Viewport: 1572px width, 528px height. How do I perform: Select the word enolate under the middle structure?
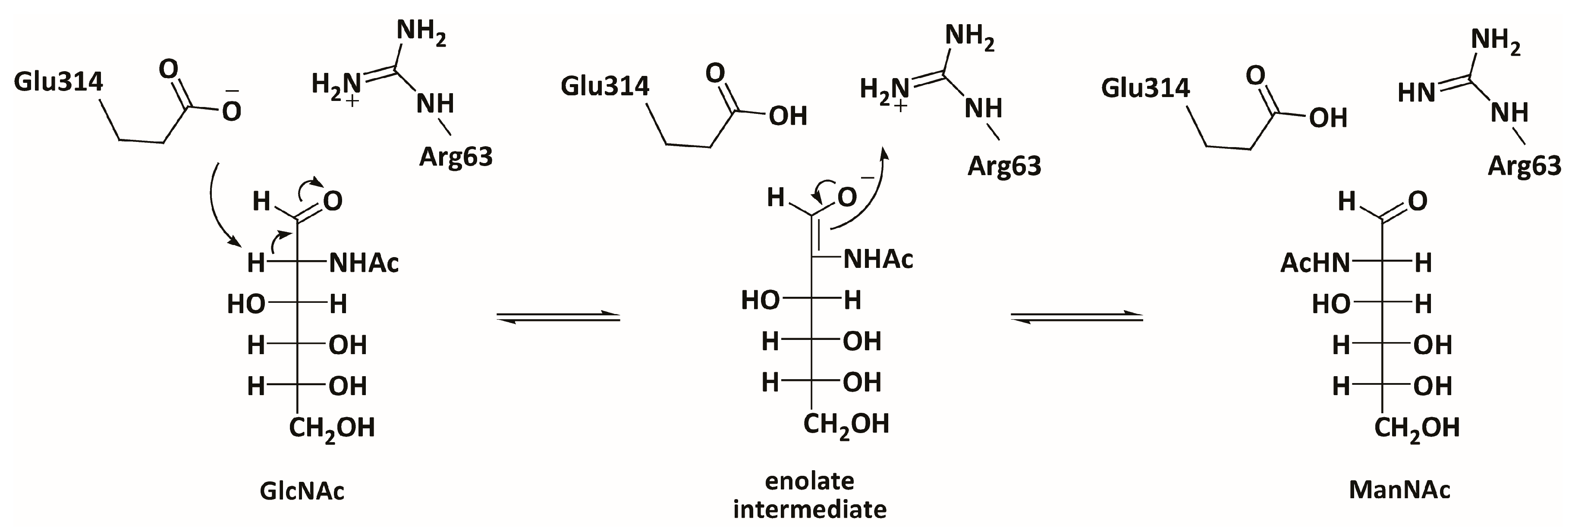click(x=809, y=481)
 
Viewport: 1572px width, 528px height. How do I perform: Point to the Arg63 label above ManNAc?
click(x=1524, y=165)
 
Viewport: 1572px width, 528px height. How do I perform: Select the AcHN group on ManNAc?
click(x=1315, y=264)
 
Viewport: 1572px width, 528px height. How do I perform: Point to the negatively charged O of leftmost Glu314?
click(x=231, y=110)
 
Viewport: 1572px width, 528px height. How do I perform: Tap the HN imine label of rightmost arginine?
click(x=1416, y=93)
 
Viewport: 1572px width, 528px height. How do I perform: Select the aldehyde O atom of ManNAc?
click(x=1418, y=201)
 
